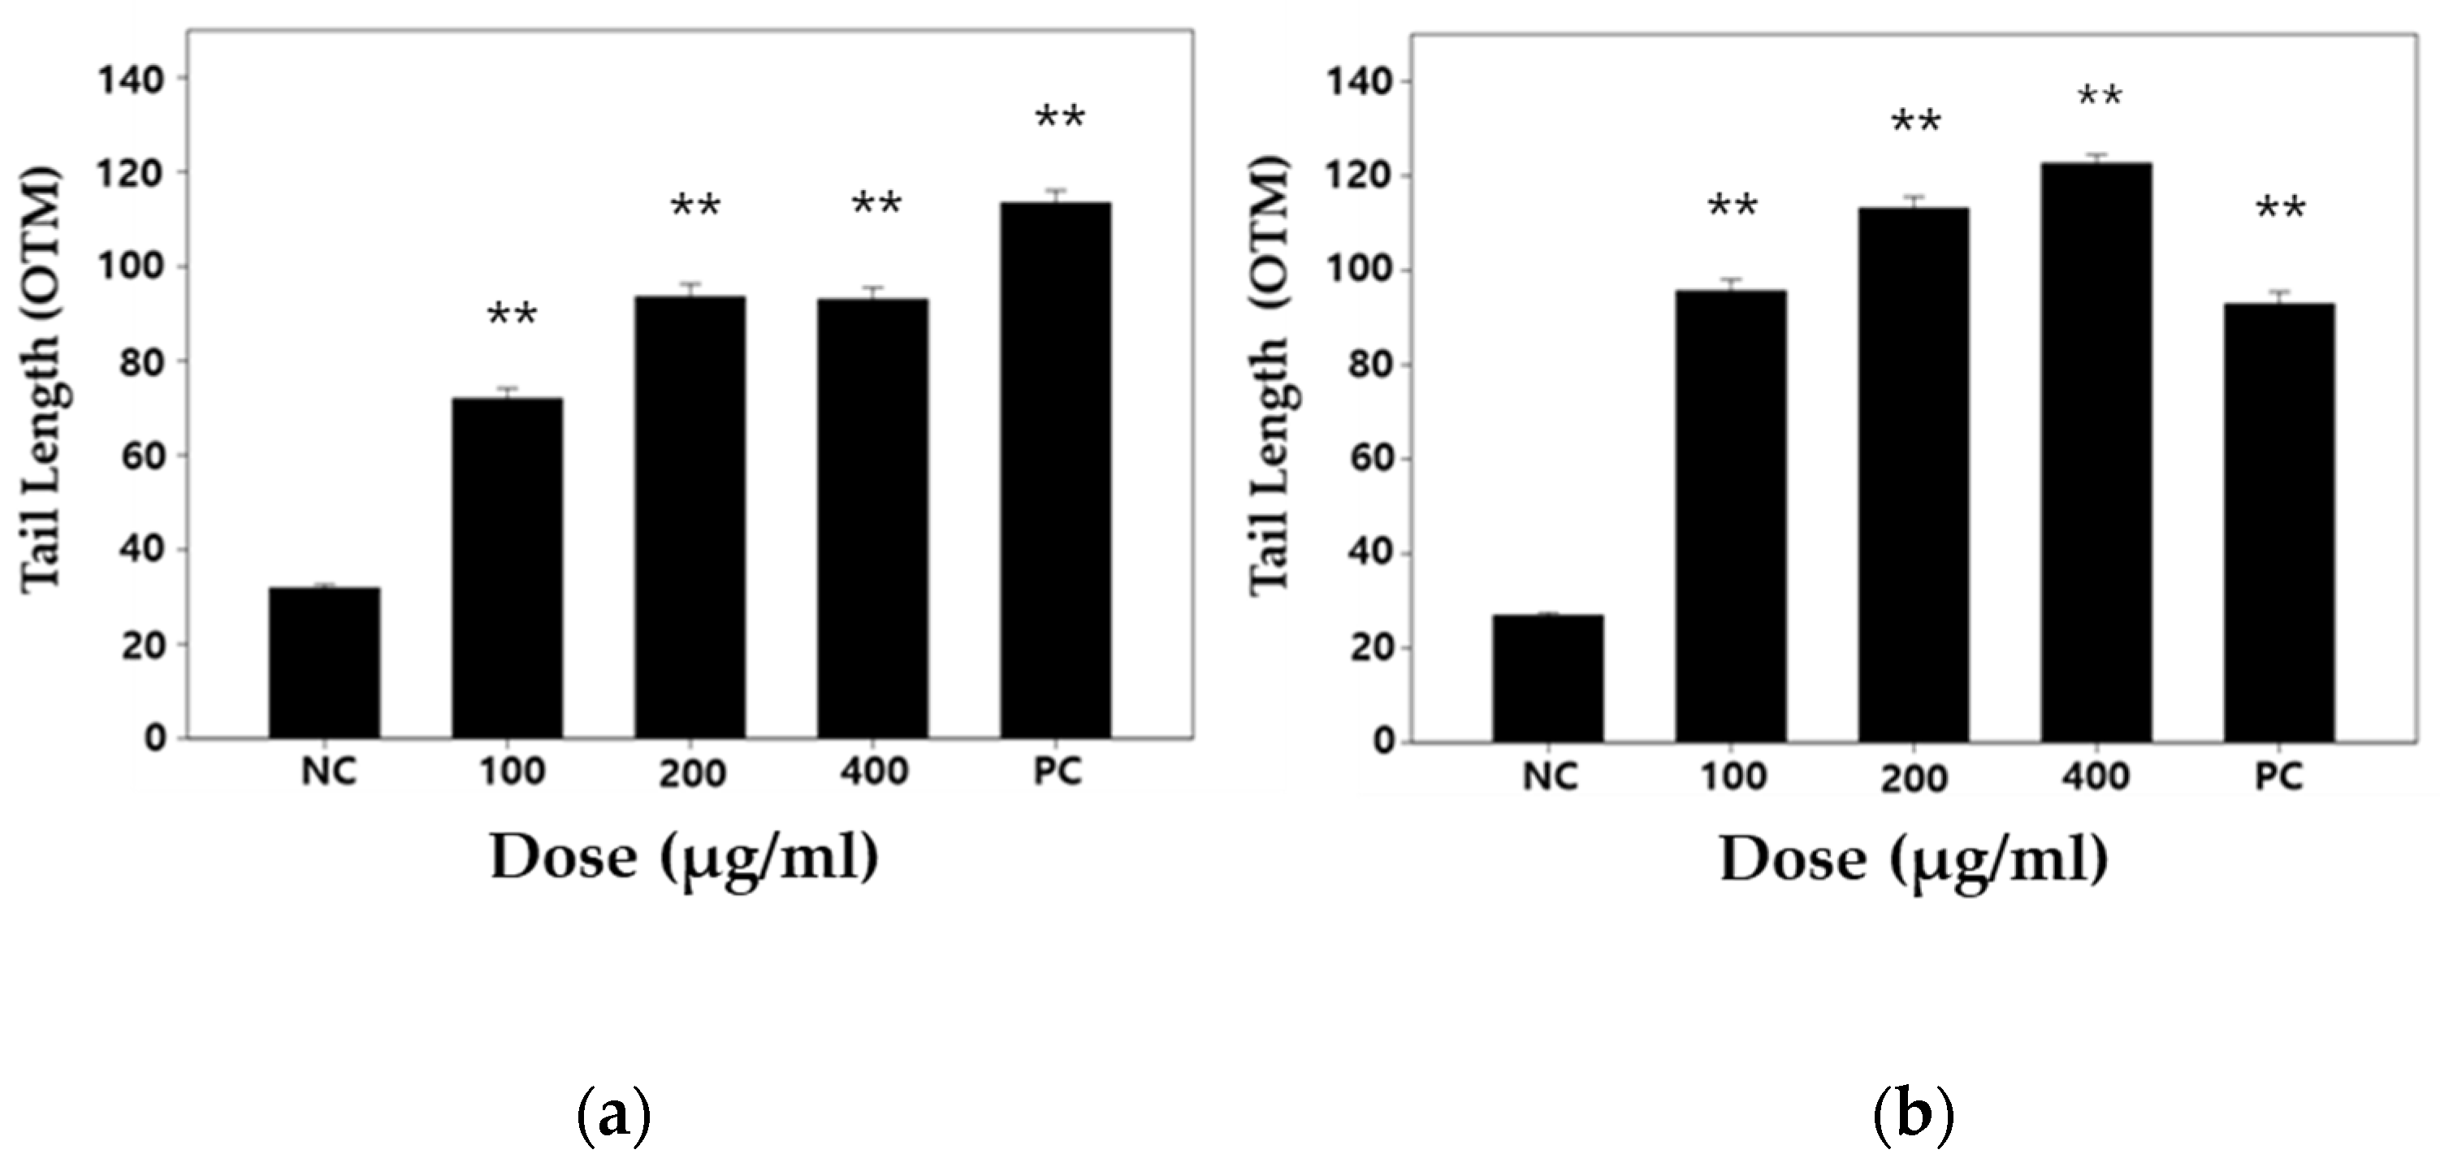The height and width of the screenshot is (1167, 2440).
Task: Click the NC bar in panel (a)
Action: click(x=324, y=663)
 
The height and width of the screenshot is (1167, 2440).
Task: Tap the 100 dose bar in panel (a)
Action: click(x=507, y=568)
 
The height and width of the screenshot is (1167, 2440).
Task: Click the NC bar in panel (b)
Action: click(x=1547, y=678)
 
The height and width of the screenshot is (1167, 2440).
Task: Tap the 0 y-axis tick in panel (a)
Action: click(x=154, y=739)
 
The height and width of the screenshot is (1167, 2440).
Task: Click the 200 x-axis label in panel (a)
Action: click(x=692, y=774)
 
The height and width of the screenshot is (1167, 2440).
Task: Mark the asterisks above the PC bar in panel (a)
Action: click(x=1060, y=119)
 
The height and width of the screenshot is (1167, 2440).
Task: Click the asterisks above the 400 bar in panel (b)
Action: click(x=2100, y=97)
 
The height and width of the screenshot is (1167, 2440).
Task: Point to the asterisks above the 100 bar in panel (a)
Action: click(x=512, y=314)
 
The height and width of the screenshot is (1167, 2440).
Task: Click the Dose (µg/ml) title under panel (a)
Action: click(x=684, y=858)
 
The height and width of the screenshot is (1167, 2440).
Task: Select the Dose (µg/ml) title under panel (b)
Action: click(x=1914, y=861)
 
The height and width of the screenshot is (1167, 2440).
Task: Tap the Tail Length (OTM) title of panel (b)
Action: click(x=1270, y=377)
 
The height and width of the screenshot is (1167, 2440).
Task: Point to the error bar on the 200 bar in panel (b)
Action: click(x=1914, y=201)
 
